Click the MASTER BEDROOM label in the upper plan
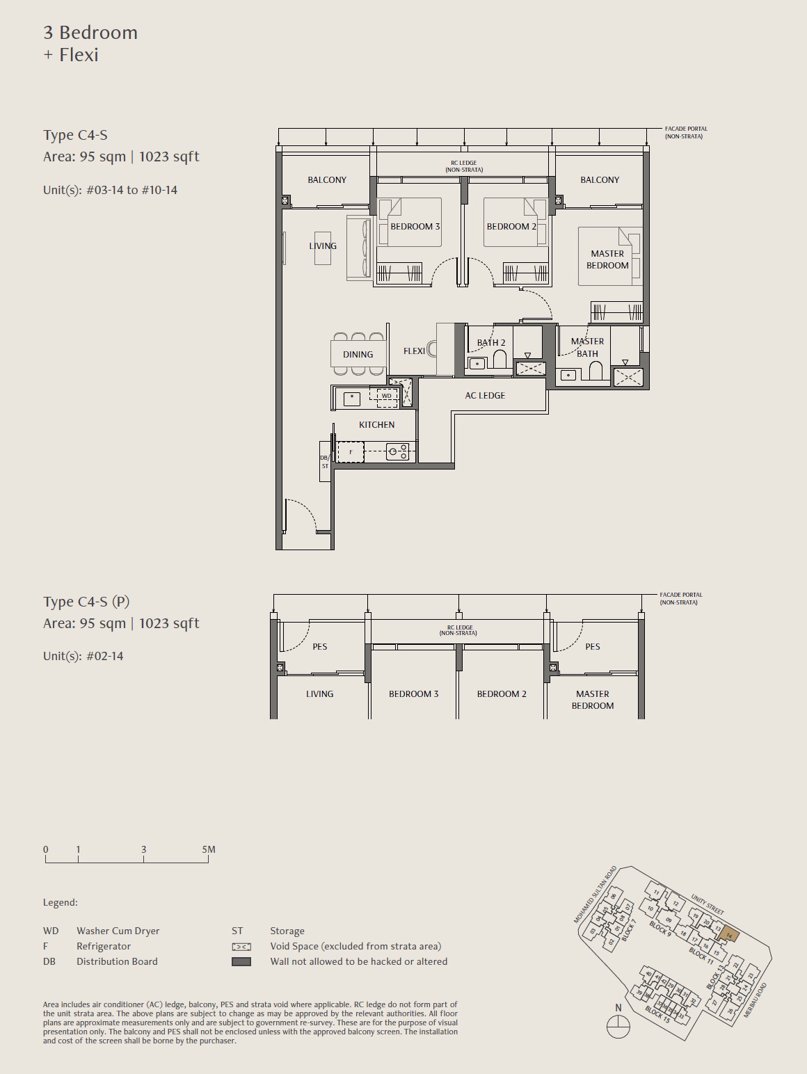607,259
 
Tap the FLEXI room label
414,351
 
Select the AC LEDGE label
485,396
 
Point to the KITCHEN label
376,425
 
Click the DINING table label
358,355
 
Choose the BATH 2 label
491,343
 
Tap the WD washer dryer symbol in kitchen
386,396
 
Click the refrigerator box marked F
351,452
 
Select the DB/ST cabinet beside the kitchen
325,461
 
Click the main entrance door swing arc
303,512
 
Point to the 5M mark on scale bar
208,850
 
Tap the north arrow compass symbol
618,1026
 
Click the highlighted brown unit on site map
728,934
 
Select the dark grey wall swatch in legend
241,962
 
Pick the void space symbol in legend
241,947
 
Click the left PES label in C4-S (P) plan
319,647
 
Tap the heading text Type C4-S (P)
86,602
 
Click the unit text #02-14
104,656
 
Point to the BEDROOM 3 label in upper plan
415,227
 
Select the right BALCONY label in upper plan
599,180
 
